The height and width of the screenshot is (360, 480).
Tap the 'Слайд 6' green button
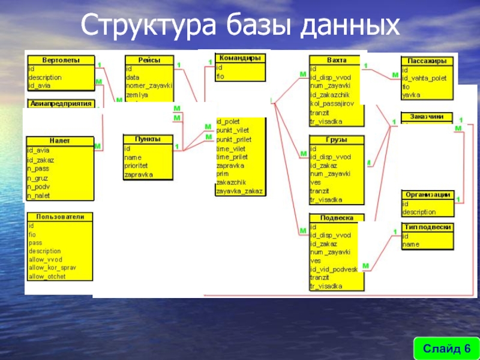click(446, 349)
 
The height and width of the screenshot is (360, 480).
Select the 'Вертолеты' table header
click(60, 61)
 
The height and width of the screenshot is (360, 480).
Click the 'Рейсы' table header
click(149, 60)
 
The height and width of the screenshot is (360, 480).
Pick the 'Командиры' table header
click(239, 59)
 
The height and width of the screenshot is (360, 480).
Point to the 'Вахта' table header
click(336, 60)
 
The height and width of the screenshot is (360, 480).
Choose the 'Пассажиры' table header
click(426, 61)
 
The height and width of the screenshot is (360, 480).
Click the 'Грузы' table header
click(336, 140)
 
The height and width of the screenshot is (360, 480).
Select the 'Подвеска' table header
click(336, 218)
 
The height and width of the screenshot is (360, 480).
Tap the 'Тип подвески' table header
click(427, 227)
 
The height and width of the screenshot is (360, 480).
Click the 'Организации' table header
click(427, 194)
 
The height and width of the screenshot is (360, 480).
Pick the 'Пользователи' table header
click(60, 216)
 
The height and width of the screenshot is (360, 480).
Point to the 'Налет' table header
click(60, 140)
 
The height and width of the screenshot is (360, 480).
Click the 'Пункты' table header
click(148, 139)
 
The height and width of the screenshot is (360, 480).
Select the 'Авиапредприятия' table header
click(61, 103)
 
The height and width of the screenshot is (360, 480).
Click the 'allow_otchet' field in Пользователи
click(47, 277)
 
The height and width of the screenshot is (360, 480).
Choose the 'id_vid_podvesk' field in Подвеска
click(334, 269)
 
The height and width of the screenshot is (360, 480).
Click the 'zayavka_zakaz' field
click(239, 191)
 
